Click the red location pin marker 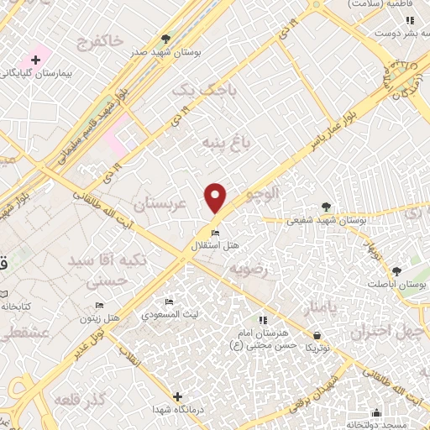[217, 197]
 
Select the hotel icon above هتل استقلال [216, 233]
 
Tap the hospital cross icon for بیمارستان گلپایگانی [35, 60]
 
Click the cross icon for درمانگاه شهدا [176, 396]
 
